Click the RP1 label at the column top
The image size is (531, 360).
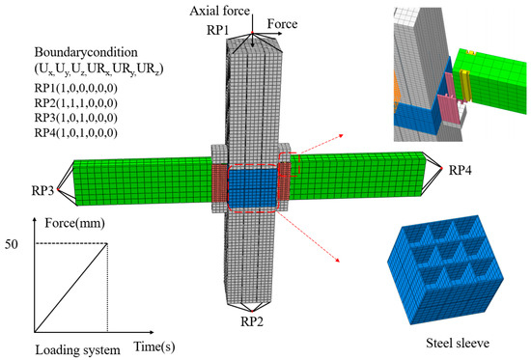click(x=218, y=30)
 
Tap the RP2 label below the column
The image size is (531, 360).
click(x=252, y=321)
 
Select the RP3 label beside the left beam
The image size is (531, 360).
click(x=42, y=191)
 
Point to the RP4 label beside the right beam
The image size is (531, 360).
click(x=460, y=170)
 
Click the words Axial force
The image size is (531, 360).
click(x=219, y=11)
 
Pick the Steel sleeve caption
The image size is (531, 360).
click(x=458, y=343)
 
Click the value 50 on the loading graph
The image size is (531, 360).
click(x=12, y=244)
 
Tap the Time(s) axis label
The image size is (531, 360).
click(x=154, y=346)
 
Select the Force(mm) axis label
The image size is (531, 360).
click(x=75, y=223)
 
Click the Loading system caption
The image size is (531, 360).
click(x=78, y=349)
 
